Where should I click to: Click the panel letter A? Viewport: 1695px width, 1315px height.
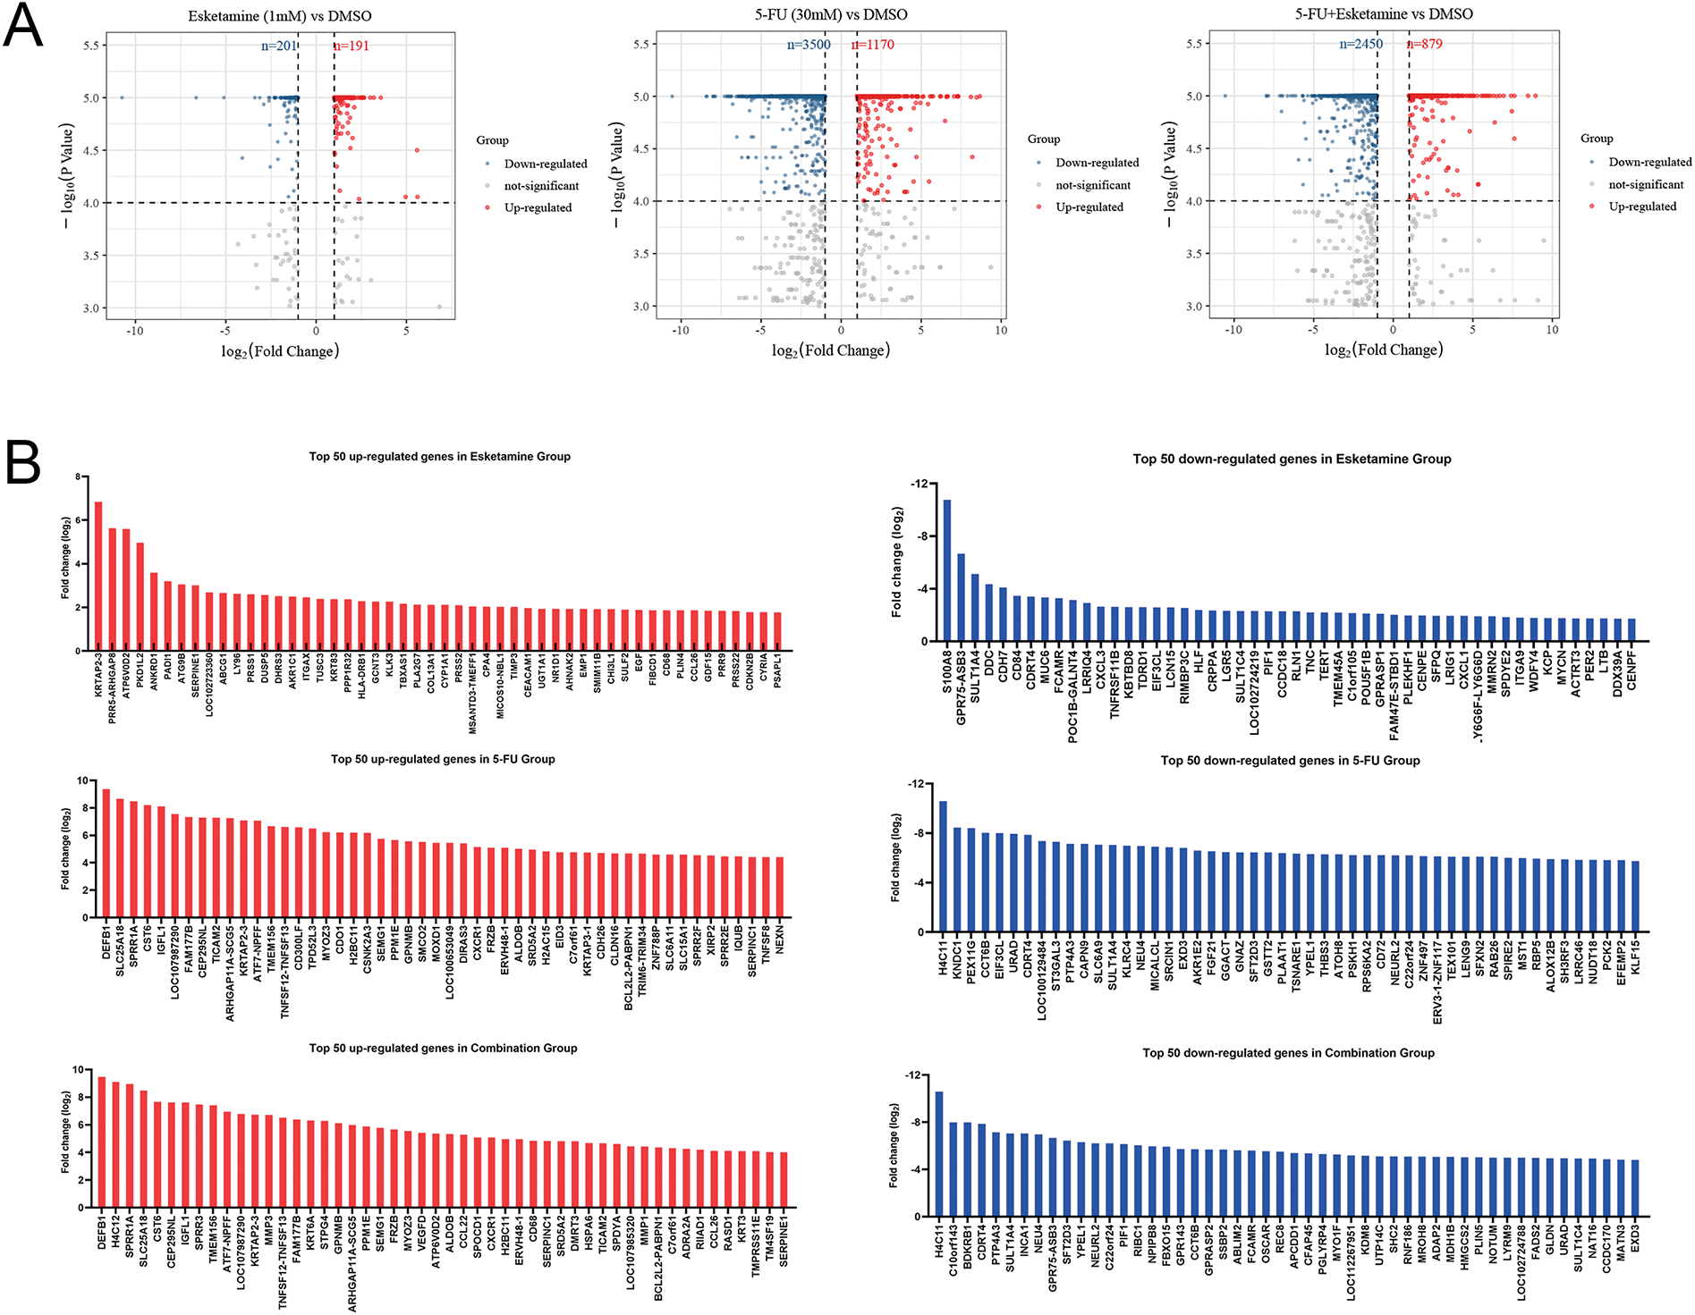[23, 27]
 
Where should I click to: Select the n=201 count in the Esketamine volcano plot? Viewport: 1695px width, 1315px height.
[278, 46]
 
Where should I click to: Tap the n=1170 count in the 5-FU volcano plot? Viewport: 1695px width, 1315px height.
[874, 45]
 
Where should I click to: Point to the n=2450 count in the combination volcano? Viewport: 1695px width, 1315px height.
[1360, 44]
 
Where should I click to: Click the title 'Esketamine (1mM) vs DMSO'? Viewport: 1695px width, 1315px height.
[280, 16]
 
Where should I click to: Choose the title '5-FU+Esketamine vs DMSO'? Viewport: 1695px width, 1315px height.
[1384, 14]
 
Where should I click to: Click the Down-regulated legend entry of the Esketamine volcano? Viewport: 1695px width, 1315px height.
[545, 164]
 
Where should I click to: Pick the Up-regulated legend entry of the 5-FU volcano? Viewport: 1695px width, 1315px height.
[1089, 207]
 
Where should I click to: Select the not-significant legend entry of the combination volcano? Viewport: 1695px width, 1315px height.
[1645, 184]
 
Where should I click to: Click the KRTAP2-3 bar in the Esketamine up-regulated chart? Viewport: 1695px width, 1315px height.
[98, 577]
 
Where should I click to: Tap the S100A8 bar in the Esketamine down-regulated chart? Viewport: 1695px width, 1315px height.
[947, 570]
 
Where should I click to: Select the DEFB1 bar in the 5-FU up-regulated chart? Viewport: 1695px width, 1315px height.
[106, 853]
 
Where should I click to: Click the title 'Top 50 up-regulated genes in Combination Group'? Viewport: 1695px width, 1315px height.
[443, 1048]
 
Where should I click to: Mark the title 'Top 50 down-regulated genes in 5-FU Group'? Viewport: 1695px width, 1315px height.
[1290, 761]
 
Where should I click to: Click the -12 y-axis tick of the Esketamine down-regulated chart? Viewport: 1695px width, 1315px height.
[919, 484]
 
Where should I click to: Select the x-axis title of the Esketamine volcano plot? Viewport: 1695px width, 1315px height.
[280, 351]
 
